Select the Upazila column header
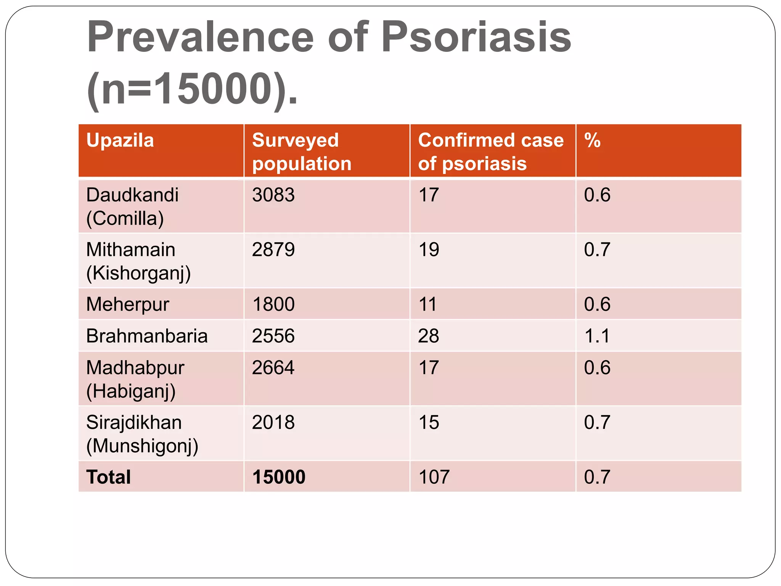[x=120, y=140]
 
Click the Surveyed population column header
[x=301, y=151]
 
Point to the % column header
[x=592, y=140]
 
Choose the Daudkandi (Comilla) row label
[x=132, y=206]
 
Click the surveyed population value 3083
[x=273, y=195]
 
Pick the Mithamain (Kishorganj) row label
[x=138, y=261]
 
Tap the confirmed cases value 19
[x=429, y=250]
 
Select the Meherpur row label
[x=128, y=304]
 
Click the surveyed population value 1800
[x=273, y=304]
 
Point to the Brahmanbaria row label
[x=147, y=336]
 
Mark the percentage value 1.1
[x=597, y=336]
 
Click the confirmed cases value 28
[x=429, y=336]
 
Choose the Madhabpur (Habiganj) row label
[x=135, y=379]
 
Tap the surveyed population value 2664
[x=273, y=368]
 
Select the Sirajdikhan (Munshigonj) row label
[x=142, y=434]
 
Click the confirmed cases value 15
[x=429, y=422]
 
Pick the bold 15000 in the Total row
[x=279, y=477]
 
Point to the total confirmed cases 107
[x=434, y=477]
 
